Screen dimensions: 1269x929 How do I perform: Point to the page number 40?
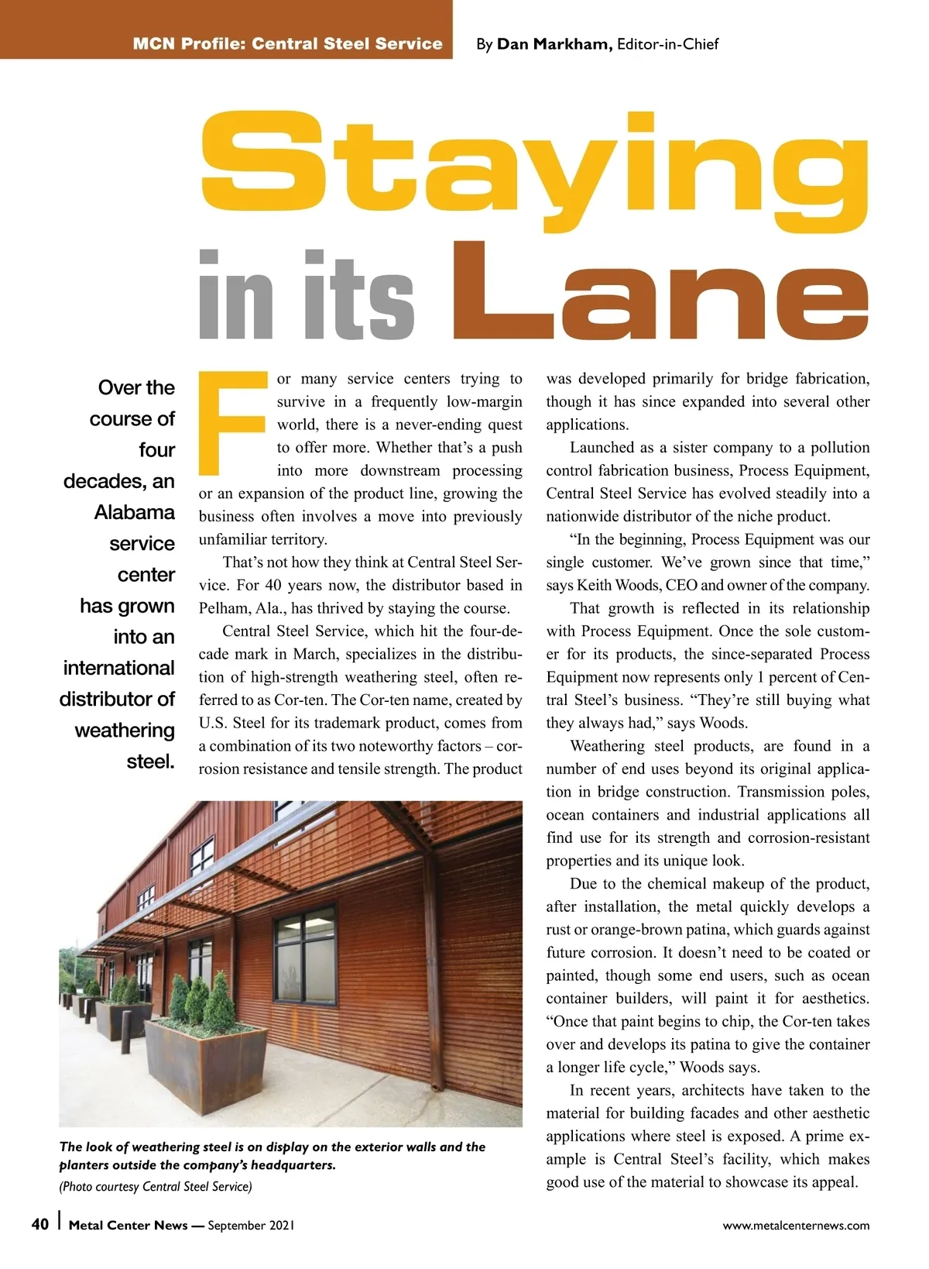40,1224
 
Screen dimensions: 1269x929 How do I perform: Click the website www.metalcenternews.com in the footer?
796,1226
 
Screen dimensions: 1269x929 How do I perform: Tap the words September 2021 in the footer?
251,1226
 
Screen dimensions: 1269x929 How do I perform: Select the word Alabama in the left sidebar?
135,513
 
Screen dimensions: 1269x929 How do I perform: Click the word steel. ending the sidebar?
151,762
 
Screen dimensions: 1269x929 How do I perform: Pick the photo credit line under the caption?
156,1186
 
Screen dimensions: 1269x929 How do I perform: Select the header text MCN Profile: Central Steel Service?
287,44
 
